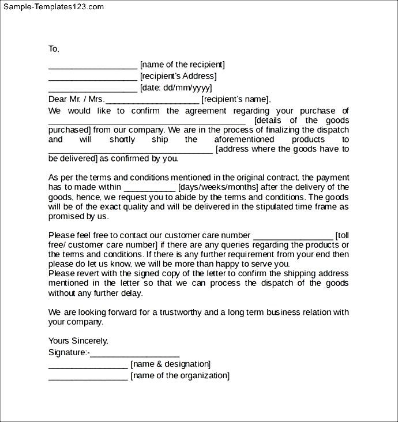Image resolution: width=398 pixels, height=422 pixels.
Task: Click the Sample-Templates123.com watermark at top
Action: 53,7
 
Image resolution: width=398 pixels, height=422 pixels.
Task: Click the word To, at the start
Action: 54,49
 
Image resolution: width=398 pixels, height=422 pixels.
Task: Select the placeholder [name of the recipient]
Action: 182,65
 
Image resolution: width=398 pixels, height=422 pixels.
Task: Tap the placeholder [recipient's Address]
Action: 178,76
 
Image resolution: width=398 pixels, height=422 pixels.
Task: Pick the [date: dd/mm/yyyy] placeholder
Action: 176,88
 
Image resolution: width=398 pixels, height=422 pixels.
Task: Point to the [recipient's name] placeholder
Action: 236,99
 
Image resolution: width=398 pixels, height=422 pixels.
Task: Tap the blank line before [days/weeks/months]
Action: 149,188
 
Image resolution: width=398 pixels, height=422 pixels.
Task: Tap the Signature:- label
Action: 69,352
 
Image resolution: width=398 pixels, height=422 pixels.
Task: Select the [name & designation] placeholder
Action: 171,364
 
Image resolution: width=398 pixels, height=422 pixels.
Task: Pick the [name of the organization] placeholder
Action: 180,375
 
